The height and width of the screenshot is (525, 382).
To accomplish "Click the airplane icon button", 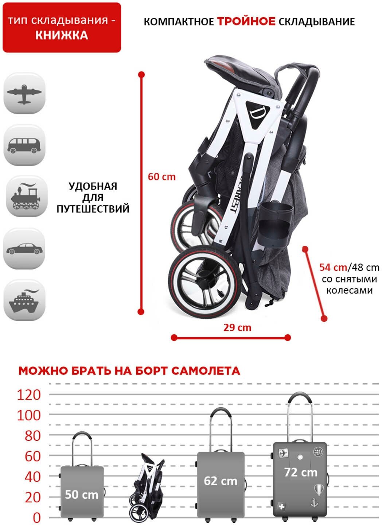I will coord(24,94).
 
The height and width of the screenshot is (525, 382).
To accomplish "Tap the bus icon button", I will coord(24,145).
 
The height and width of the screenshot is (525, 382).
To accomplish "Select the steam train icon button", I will coord(26,197).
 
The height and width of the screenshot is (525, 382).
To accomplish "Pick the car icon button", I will coord(24,249).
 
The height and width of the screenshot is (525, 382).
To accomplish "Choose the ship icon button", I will coord(24,301).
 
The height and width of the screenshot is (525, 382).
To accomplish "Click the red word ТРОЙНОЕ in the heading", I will coord(246,22).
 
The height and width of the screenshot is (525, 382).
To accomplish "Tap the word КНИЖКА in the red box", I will coord(62,35).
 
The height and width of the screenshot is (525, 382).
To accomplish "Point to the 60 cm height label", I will coord(161,177).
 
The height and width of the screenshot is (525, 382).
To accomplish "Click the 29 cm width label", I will coord(237,327).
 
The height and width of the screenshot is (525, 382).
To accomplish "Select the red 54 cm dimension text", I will coord(333,267).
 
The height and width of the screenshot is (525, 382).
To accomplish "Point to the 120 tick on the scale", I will coord(29,394).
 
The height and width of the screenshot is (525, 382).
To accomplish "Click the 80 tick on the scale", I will coord(32,435).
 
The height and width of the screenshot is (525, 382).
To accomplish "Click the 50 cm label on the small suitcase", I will coord(81,494).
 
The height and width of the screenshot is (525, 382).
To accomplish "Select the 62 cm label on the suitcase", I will coord(220,481).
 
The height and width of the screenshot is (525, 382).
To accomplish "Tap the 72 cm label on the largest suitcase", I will coord(301,472).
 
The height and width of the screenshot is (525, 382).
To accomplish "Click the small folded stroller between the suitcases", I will coord(147,487).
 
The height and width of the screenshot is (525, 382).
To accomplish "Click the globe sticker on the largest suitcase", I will coord(318,452).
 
